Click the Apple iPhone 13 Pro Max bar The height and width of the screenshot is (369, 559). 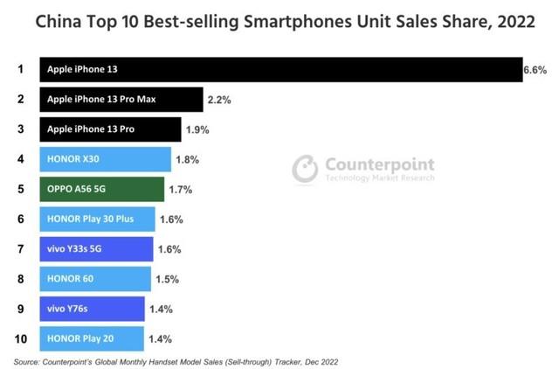(121, 100)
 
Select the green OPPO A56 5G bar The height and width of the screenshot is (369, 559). (101, 189)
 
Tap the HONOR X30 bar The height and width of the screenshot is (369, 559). (105, 159)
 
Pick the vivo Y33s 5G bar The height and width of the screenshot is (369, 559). (96, 249)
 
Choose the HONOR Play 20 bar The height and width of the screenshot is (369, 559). (92, 338)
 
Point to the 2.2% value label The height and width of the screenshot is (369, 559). (219, 101)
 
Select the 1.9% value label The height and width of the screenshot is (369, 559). (198, 130)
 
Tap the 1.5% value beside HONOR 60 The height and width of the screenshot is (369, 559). (167, 279)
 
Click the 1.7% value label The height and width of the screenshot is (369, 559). (180, 190)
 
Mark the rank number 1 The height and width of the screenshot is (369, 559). (19, 70)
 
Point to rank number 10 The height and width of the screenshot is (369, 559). (20, 338)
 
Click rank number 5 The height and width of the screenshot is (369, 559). (19, 189)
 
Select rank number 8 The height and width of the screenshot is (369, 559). (19, 279)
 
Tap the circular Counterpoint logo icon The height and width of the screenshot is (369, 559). (305, 168)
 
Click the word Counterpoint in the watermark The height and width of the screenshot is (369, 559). (378, 164)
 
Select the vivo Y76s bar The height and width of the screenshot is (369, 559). (92, 309)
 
